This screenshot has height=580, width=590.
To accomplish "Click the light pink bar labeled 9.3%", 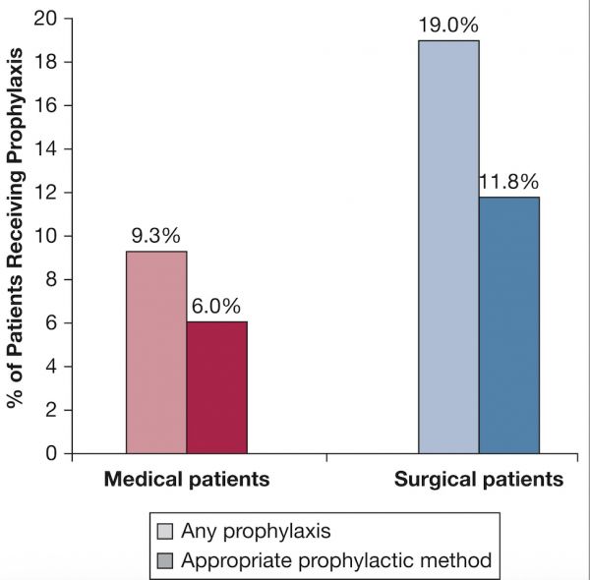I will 155,352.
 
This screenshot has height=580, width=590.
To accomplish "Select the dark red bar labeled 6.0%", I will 216,386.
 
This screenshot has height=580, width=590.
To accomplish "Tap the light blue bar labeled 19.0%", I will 448,246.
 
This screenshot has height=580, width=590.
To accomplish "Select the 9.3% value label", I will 155,237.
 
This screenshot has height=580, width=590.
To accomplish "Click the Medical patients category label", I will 187,480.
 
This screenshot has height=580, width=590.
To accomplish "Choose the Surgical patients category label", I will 479,480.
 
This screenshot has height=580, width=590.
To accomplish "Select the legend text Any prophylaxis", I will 251,532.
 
